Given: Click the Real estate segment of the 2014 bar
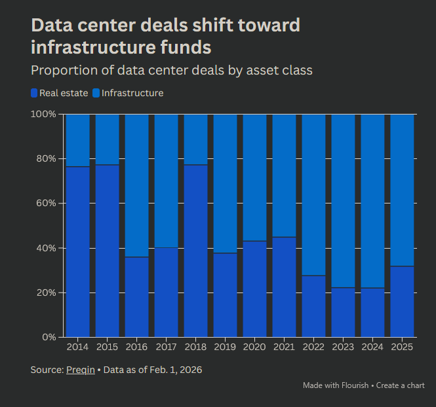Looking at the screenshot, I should coord(77,252).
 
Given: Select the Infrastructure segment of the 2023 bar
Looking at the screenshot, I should coord(343,201).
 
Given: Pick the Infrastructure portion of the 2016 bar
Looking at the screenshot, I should coord(136,186).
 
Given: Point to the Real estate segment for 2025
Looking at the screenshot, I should coord(402,301).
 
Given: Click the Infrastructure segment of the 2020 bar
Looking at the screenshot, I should coord(254,177).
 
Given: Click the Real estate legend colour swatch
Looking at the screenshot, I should coord(34,93).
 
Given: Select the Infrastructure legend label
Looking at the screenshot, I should coord(132,93).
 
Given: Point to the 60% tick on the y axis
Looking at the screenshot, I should coord(47,203).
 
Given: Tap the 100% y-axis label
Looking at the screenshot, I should coord(44,114).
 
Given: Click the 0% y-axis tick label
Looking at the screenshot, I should coord(49,337).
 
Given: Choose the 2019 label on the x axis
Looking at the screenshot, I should coord(225,347).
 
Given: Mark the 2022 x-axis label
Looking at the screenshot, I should coord(313,347).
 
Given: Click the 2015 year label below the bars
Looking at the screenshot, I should coord(107,347).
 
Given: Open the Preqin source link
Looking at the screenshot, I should coord(80,370).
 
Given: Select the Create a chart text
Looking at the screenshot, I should coord(400,385).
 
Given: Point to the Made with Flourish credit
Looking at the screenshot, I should coord(336,385).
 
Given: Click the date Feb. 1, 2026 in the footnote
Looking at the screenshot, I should coord(173,370).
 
